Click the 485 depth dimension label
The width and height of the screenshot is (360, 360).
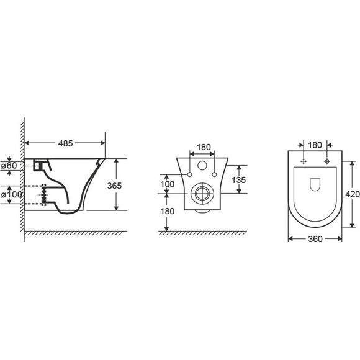point(65,143)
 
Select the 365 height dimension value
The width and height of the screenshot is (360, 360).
point(114,186)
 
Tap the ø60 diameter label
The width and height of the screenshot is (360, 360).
point(9,166)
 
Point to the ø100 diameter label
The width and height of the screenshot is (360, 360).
point(12,195)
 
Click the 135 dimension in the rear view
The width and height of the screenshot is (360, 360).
point(239,180)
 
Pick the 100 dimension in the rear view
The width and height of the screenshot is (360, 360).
point(167,184)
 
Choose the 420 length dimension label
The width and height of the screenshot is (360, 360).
point(353,194)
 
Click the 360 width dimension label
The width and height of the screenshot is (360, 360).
point(315,239)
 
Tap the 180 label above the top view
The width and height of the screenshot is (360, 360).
point(315,145)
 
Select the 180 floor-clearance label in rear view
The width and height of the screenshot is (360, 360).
point(167,211)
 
